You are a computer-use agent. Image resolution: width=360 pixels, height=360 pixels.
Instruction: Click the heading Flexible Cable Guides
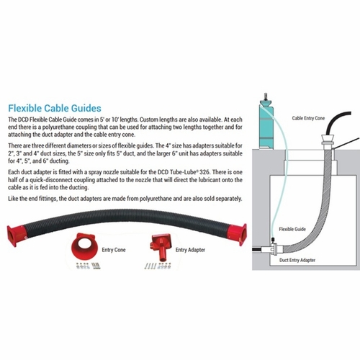point(55,108)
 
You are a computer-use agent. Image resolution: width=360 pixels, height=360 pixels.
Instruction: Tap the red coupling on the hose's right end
point(238,235)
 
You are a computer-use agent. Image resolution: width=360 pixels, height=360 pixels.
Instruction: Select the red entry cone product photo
point(85,247)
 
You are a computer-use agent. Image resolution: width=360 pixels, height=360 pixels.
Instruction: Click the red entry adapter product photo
point(161,247)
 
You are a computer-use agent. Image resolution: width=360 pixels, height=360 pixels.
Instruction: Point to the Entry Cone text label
point(114,250)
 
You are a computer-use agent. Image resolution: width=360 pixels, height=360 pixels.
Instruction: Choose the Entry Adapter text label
point(190,250)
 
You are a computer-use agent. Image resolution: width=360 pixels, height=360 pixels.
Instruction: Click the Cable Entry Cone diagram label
point(308,118)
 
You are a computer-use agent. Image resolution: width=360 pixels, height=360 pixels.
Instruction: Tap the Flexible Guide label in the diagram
point(292,229)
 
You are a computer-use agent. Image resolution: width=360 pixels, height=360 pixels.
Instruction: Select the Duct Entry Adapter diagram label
point(297,260)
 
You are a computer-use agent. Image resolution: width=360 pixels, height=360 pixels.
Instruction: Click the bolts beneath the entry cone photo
point(88,266)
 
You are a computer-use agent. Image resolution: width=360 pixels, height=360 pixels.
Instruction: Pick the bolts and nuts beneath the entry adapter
point(158,266)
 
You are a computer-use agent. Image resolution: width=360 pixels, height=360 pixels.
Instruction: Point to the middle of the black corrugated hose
point(127,218)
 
